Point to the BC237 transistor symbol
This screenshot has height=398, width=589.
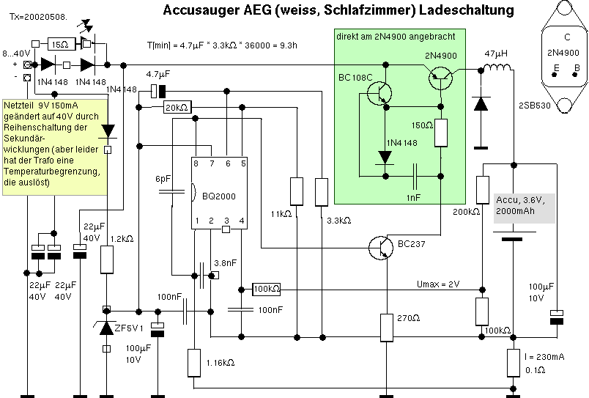380,247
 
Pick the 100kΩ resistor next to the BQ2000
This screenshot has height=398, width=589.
266,289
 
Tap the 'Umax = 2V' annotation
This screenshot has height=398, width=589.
437,284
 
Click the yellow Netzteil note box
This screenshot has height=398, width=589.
55,145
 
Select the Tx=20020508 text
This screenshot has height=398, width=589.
36,14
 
